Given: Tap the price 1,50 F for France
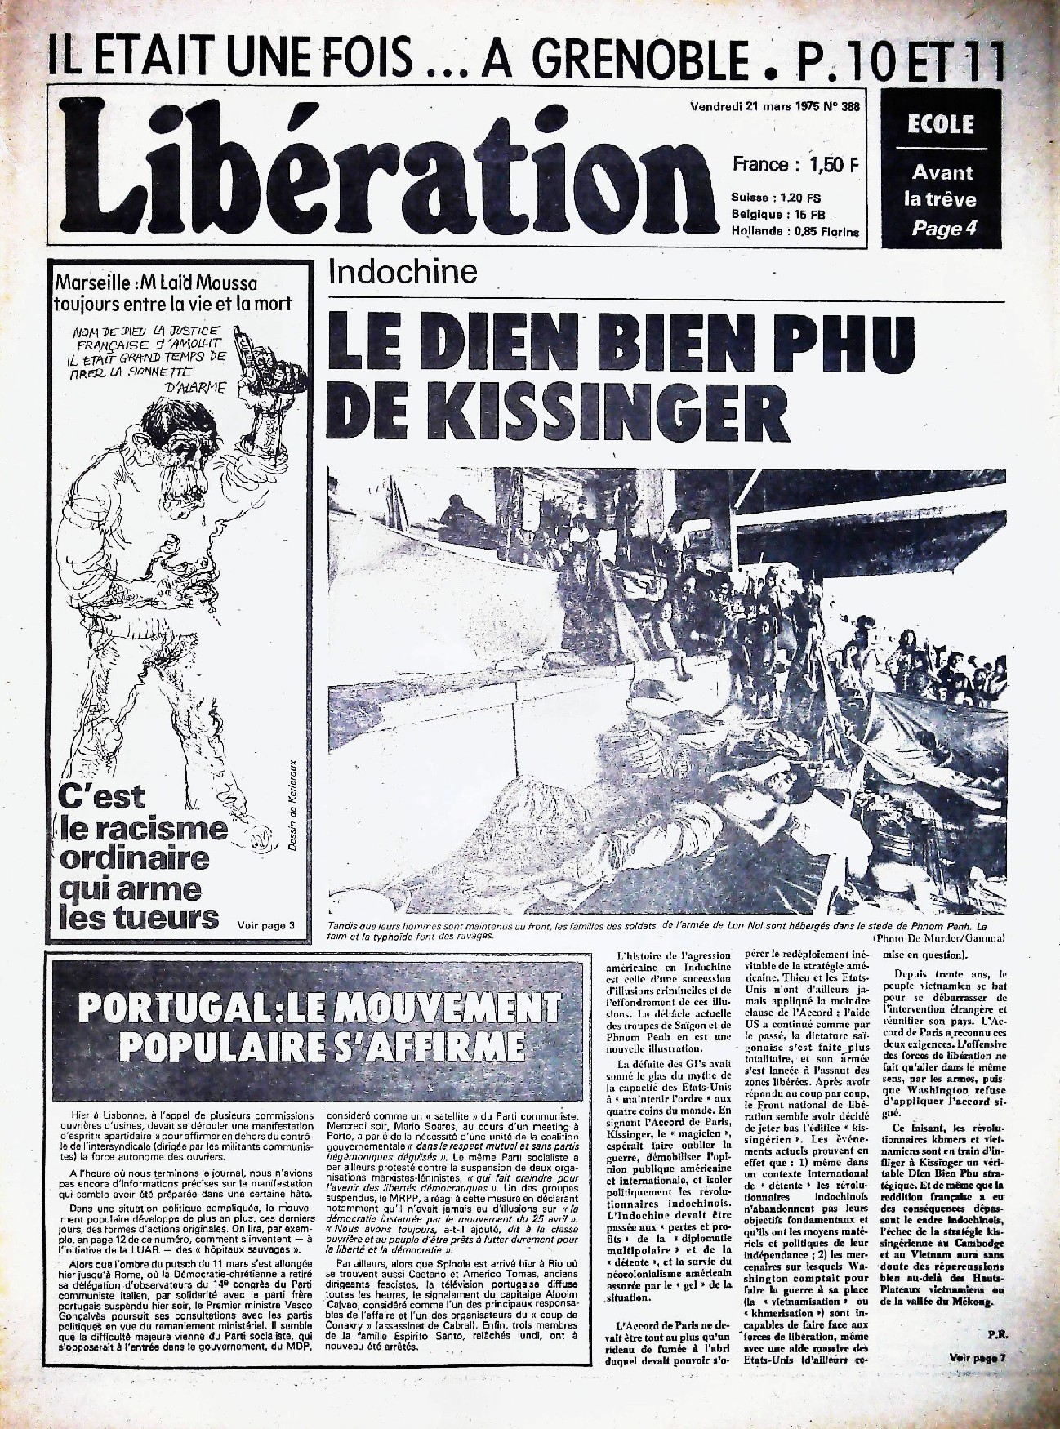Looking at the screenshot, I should [834, 164].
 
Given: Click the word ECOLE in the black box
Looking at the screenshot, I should [941, 125].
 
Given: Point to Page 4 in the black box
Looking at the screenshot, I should [943, 229].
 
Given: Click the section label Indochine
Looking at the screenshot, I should [403, 272].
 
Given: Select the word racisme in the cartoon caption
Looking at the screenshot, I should [145, 828].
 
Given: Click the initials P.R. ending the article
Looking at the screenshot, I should [995, 1333].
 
